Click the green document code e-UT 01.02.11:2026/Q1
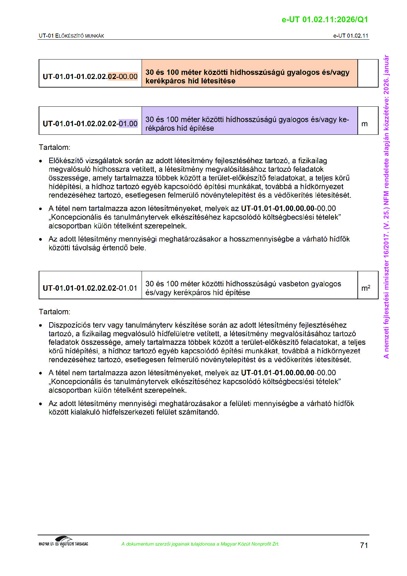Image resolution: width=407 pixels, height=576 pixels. click(x=325, y=19)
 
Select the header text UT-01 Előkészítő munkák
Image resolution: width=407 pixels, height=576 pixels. click(x=71, y=36)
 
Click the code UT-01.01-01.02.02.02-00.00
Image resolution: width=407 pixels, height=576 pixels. click(x=90, y=76)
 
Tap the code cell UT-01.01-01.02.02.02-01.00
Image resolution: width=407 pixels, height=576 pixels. click(x=90, y=123)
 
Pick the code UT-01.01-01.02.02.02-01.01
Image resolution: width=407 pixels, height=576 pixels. click(x=90, y=288)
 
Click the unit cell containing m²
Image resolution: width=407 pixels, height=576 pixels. click(x=366, y=288)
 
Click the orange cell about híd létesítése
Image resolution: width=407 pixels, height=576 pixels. click(x=249, y=76)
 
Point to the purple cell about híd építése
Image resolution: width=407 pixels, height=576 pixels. click(x=249, y=123)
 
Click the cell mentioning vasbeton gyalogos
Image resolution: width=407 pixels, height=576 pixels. click(x=249, y=288)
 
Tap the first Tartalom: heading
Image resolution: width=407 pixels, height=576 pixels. click(x=54, y=147)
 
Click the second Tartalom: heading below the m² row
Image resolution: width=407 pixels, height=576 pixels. click(x=54, y=312)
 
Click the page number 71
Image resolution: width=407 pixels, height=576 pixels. click(x=364, y=545)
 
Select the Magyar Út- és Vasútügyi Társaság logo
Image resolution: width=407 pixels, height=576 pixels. click(x=63, y=542)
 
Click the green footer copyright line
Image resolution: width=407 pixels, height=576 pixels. click(x=200, y=544)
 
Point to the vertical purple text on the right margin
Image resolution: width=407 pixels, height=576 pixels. click(x=386, y=207)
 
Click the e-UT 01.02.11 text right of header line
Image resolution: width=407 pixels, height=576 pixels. click(x=351, y=36)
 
